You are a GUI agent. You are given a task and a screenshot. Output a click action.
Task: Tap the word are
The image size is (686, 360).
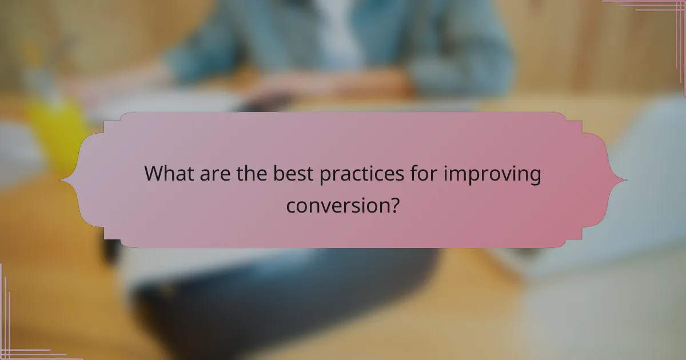216,174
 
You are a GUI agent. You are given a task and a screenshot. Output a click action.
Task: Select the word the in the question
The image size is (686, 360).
252,174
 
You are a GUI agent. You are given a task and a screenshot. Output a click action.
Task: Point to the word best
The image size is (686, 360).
292,174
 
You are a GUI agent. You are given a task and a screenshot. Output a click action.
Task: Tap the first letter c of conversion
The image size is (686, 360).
291,205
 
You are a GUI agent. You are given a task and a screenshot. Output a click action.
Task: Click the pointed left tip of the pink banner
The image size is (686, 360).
61,181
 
